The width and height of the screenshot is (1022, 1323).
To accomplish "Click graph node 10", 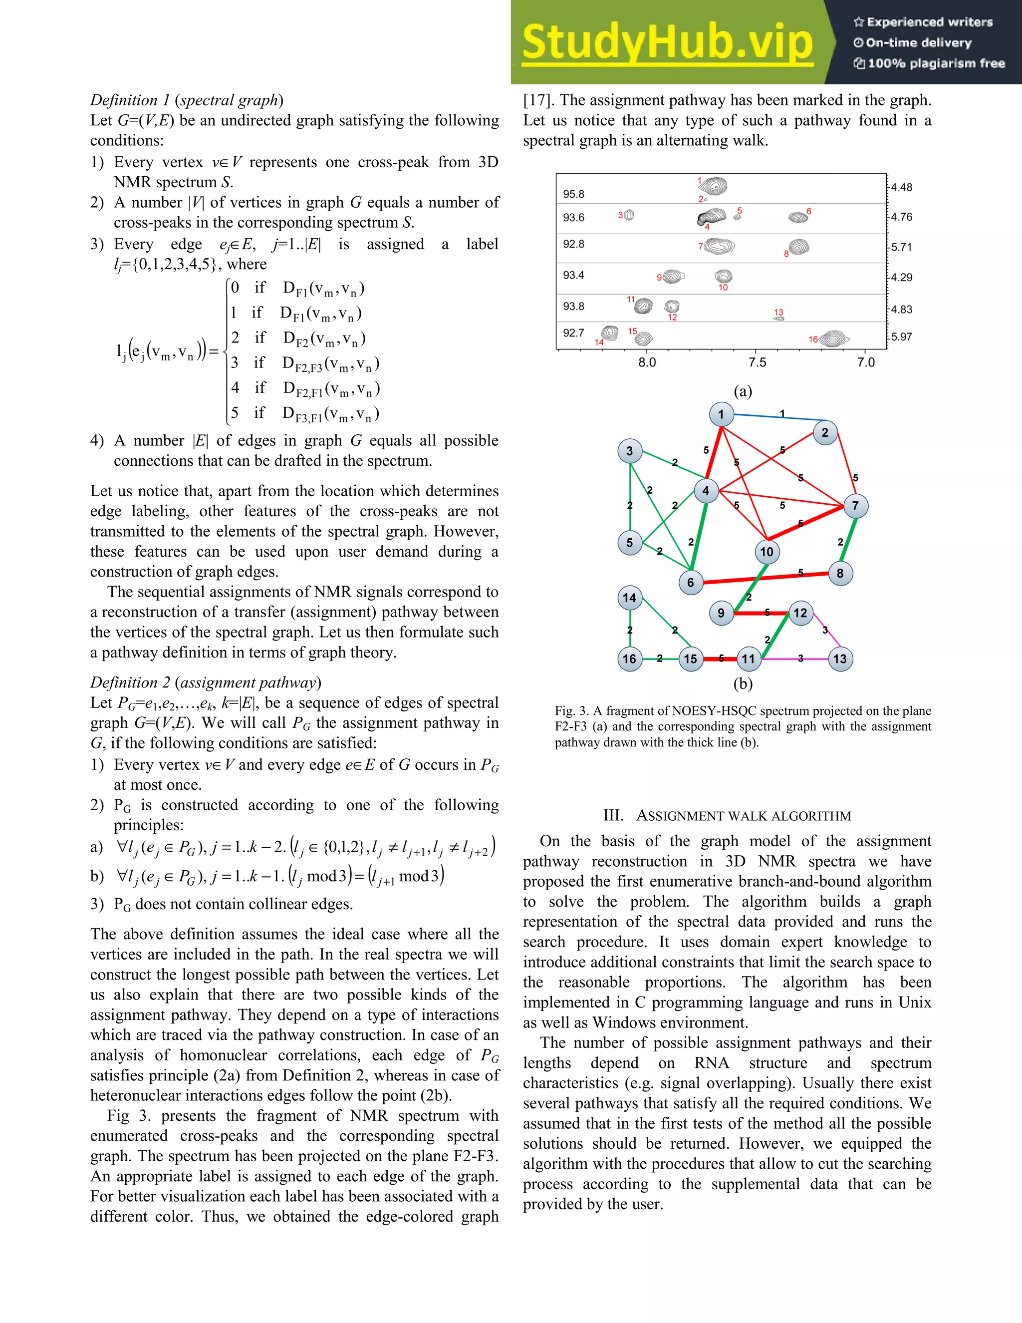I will pyautogui.click(x=766, y=552).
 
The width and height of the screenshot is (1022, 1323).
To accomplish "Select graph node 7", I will pyautogui.click(x=855, y=506).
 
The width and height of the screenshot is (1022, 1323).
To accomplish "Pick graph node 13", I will pyautogui.click(x=840, y=659).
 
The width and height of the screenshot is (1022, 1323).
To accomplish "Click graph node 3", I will pyautogui.click(x=630, y=451).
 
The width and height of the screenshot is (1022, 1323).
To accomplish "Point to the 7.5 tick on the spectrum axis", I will pyautogui.click(x=757, y=362).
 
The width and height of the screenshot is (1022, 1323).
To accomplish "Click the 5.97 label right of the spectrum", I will pyautogui.click(x=902, y=337).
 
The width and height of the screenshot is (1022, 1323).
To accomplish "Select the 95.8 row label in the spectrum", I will pyautogui.click(x=573, y=194).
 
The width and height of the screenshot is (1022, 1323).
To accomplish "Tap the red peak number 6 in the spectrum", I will pyautogui.click(x=809, y=211).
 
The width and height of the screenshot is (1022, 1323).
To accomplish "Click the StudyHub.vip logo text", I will pyautogui.click(x=667, y=42).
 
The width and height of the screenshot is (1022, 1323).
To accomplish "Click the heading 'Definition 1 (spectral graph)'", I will pyautogui.click(x=187, y=100).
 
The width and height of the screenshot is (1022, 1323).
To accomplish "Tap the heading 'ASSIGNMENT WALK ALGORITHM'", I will pyautogui.click(x=727, y=816).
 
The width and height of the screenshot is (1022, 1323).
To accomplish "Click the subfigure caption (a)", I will pyautogui.click(x=743, y=391).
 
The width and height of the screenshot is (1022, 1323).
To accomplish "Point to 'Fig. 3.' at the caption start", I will pyautogui.click(x=571, y=710).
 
